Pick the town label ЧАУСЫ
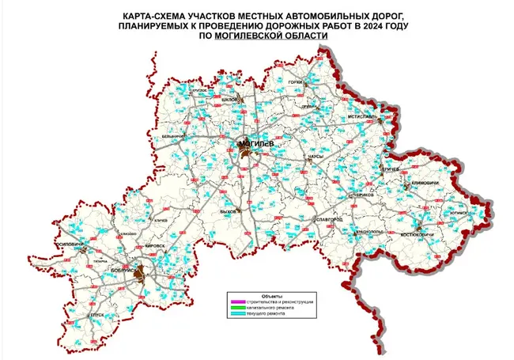click(x=316, y=157)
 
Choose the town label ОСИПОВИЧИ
click(x=66, y=244)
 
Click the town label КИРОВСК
click(x=156, y=246)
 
